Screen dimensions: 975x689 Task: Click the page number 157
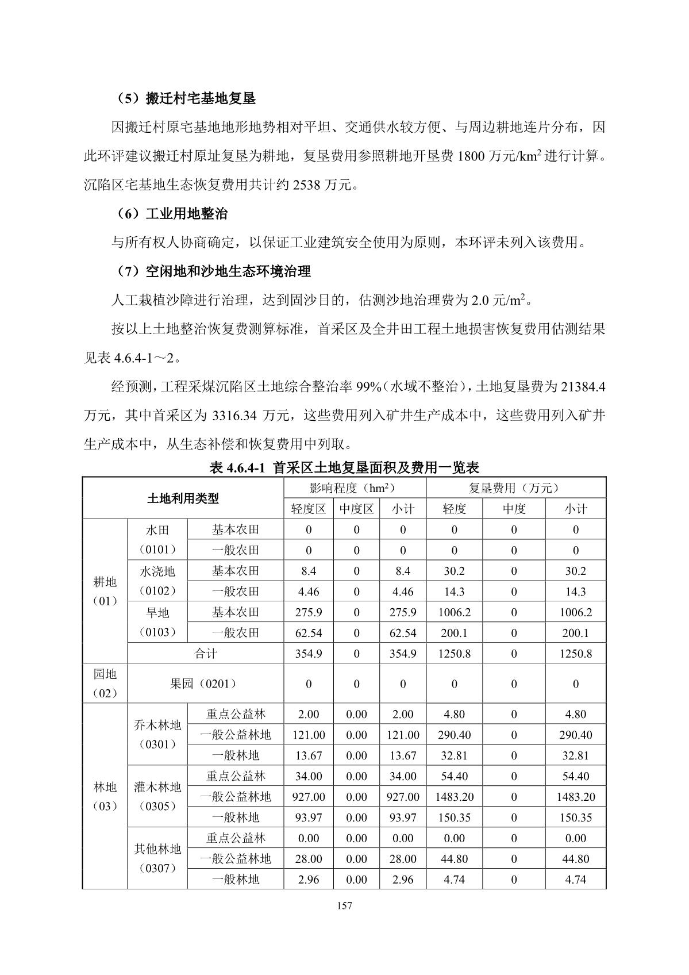tap(344, 906)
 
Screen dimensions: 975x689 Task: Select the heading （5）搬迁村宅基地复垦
tap(183, 98)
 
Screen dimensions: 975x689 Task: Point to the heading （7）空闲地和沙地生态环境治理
tap(211, 271)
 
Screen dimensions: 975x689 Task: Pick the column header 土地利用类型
tap(183, 498)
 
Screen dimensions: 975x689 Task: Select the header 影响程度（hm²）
tap(354, 488)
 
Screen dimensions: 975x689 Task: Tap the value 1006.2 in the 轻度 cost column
tap(454, 612)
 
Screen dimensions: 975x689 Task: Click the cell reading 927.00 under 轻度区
tap(308, 797)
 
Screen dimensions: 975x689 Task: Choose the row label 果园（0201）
tap(205, 684)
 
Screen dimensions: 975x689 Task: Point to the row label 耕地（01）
tap(105, 591)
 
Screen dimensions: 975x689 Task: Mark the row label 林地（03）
tap(105, 796)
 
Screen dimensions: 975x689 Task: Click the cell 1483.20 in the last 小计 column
tap(575, 797)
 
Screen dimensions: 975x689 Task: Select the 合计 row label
tap(205, 654)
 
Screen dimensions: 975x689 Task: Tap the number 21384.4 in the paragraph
tap(582, 387)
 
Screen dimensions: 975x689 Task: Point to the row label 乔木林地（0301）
tap(157, 735)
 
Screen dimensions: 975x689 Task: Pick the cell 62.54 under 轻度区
tap(308, 633)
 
